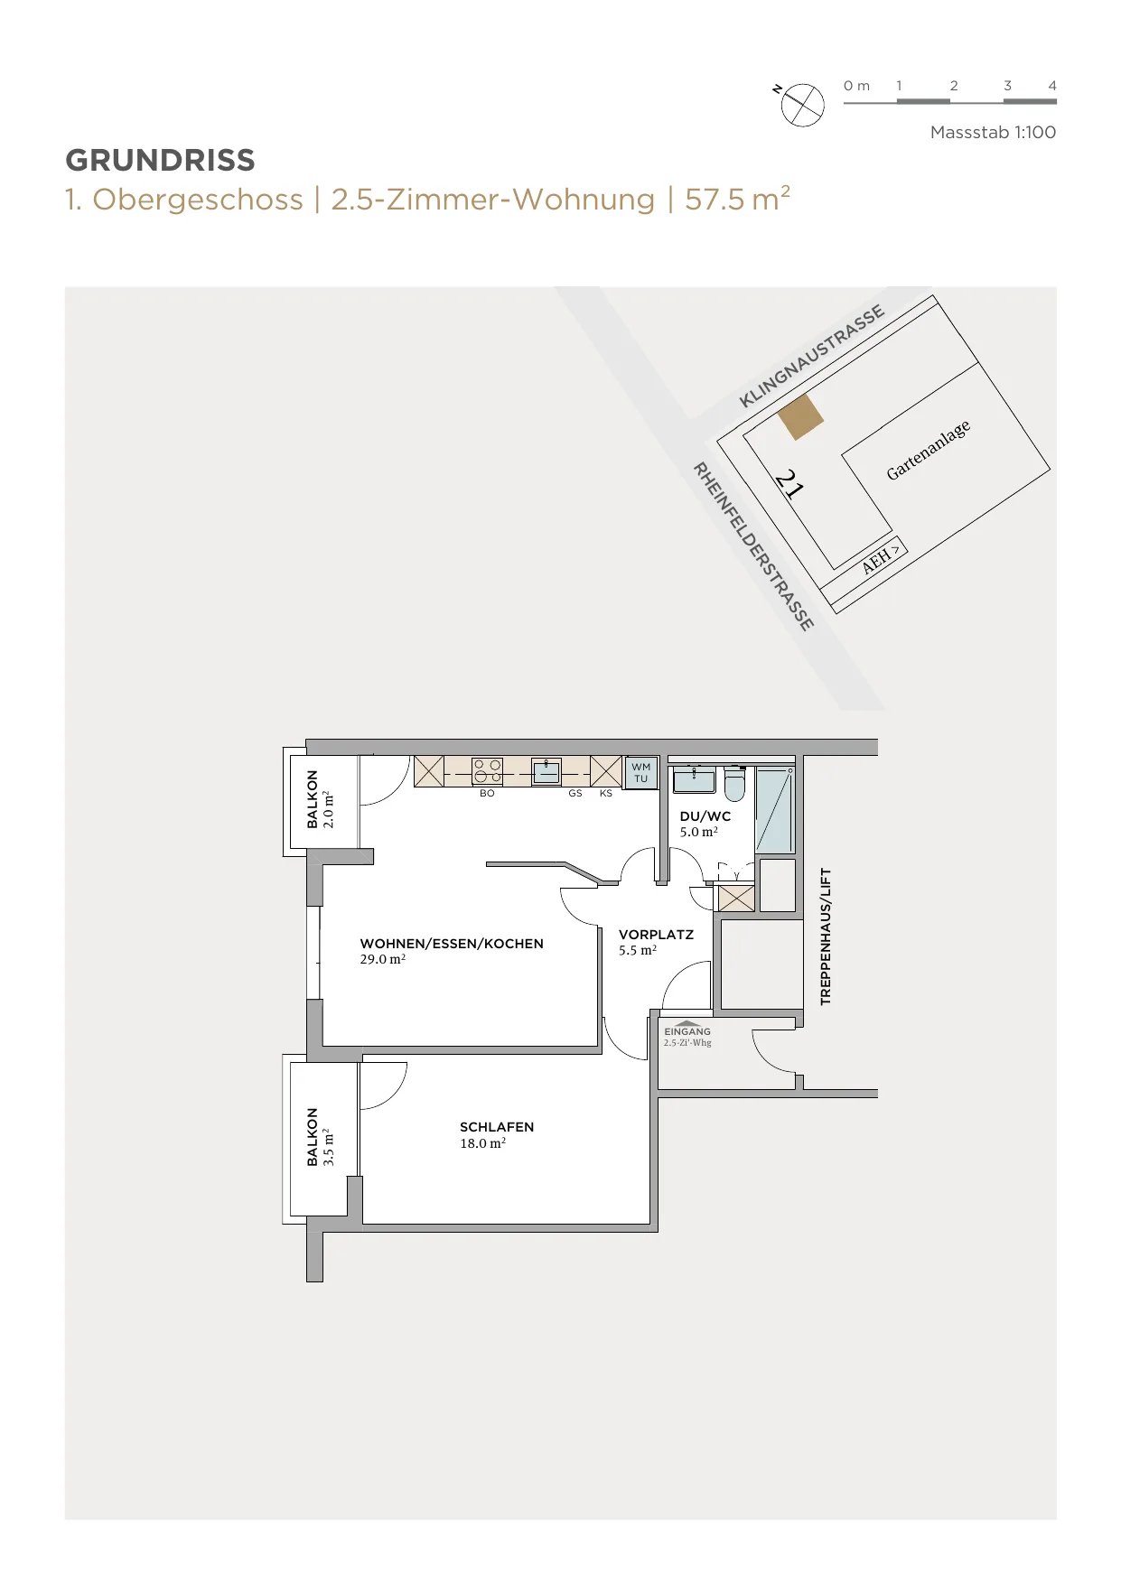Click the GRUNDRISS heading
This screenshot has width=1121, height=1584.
pos(160,161)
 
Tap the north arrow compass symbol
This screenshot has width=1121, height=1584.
pos(802,105)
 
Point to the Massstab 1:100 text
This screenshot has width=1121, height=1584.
pos(993,133)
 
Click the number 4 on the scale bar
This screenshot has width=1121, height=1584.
pos(1052,86)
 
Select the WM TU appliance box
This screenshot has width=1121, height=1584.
pos(641,773)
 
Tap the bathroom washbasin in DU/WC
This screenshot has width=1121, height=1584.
pos(694,778)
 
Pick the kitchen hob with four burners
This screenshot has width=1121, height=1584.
pos(488,771)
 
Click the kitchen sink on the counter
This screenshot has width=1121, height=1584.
pos(546,771)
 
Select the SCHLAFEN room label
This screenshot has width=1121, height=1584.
pos(497,1127)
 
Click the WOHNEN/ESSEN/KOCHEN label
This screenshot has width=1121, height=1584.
pos(452,944)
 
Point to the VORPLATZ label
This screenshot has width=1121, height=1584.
pos(656,935)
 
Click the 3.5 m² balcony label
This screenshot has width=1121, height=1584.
pos(329,1147)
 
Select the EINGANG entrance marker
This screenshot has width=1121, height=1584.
pos(687,1030)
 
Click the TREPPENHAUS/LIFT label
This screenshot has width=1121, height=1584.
pos(825,936)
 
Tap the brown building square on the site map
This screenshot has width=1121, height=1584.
pos(801,417)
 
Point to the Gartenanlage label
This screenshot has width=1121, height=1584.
pos(929,450)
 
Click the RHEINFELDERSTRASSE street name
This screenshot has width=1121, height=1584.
pos(753,546)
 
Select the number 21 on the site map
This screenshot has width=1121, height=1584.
pos(789,484)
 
